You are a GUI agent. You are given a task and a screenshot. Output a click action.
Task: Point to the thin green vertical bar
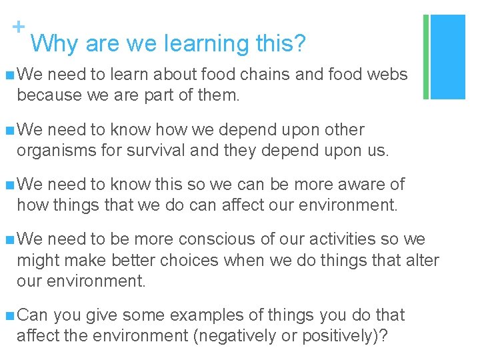point(425,57)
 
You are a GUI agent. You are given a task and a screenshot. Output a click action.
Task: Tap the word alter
point(423,260)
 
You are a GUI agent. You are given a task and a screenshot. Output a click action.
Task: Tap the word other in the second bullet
point(340,129)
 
